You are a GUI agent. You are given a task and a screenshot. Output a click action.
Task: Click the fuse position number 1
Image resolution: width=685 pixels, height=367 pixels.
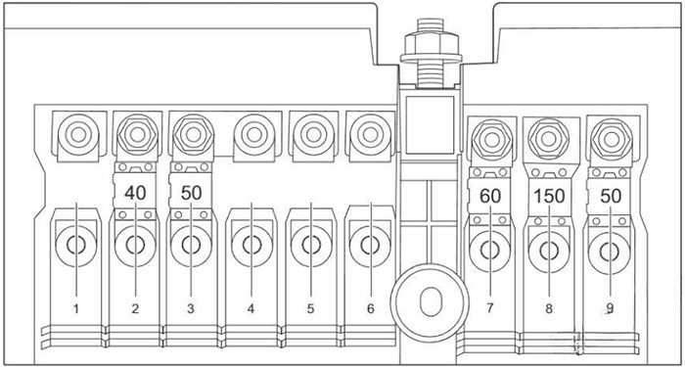coord(75,308)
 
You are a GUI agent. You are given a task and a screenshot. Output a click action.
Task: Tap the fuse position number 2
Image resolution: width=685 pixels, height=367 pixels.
coord(135,308)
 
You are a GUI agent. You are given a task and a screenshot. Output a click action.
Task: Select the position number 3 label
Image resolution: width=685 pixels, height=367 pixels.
coord(192,308)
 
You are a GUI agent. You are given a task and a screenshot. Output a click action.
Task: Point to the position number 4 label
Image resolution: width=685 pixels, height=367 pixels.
coord(251,308)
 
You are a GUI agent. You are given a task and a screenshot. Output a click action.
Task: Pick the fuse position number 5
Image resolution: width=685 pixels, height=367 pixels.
coord(310,308)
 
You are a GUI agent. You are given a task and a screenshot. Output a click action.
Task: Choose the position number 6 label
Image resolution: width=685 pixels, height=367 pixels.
coord(370,308)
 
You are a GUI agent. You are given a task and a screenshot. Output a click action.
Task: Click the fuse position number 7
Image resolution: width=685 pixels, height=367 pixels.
coord(488,308)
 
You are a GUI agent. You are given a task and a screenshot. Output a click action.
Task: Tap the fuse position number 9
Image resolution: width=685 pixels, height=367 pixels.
coord(612,308)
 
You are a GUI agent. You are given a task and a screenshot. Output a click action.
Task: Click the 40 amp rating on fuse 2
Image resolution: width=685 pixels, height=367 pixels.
coord(135,192)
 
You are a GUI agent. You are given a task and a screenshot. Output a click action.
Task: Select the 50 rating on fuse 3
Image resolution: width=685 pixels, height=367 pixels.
coord(192,192)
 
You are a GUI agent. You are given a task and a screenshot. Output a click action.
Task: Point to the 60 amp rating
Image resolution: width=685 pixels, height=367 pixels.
coord(490,196)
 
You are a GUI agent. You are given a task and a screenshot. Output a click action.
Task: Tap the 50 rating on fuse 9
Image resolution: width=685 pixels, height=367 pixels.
coord(612,196)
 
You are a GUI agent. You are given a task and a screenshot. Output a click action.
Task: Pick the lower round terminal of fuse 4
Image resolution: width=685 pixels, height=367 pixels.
coord(251,247)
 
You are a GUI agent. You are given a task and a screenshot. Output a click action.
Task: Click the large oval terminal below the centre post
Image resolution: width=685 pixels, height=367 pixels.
coord(429,299)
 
